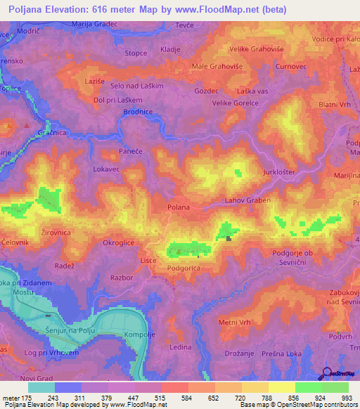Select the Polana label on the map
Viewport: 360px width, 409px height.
179,207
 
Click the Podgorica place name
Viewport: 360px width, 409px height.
185,268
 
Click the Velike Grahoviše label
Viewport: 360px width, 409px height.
256,49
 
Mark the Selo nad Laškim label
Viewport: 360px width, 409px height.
137,85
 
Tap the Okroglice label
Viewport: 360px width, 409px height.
118,243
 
